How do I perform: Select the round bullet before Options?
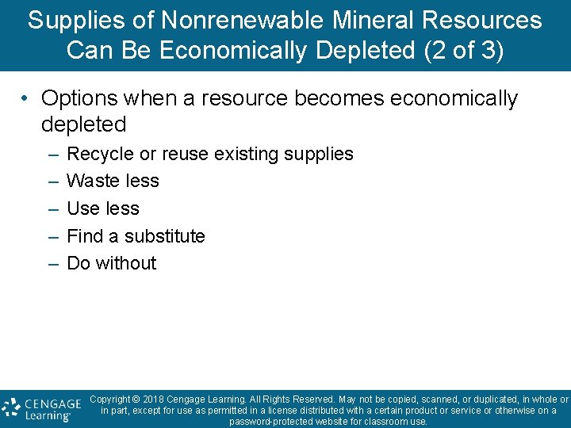(26, 99)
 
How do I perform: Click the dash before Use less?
(52, 208)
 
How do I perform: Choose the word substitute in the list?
(165, 236)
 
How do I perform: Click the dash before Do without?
(52, 263)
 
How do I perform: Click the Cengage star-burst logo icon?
(10, 407)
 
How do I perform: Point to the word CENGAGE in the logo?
(52, 402)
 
